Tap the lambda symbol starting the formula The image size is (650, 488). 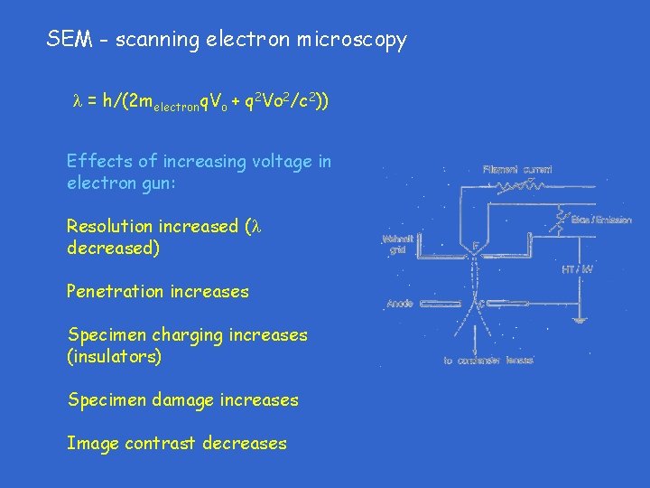[x=77, y=102]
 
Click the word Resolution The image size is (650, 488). [x=109, y=226]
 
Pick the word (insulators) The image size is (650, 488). [x=115, y=357]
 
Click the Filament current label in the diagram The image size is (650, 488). [x=516, y=168]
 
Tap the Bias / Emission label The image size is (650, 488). [x=602, y=220]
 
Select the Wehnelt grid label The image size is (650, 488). [x=398, y=245]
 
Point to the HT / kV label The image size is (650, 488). [x=577, y=269]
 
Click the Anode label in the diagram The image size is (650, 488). [x=400, y=305]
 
